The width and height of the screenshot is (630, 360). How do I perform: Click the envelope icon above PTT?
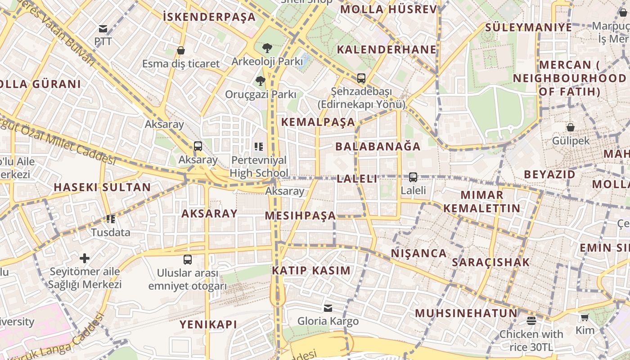tap(103, 29)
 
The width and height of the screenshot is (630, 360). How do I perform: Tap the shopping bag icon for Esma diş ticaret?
tap(181, 50)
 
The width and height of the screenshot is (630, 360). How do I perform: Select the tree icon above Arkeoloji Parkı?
tap(267, 48)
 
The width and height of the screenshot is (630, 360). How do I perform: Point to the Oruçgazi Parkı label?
tap(261, 94)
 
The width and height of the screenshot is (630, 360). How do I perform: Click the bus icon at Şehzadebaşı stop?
tap(361, 78)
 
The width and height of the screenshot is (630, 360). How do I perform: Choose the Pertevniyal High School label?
tap(259, 166)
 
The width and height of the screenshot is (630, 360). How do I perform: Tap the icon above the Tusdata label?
tap(111, 219)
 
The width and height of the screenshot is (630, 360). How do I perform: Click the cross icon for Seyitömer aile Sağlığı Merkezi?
tap(85, 258)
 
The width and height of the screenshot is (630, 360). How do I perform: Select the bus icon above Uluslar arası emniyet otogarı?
tap(188, 260)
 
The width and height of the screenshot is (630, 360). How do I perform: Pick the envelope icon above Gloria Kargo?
tap(328, 308)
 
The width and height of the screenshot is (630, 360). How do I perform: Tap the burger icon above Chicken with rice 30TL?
tap(531, 321)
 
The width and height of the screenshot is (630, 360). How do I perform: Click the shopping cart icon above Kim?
tap(585, 318)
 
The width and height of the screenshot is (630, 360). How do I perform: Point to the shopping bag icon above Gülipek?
tap(571, 127)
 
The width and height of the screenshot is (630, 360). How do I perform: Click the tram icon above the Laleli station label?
tap(413, 177)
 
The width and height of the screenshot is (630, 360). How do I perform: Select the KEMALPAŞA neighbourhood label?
tap(318, 122)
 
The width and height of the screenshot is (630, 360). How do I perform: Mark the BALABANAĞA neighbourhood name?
tap(378, 146)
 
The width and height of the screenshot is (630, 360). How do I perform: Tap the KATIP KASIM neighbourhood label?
tap(311, 270)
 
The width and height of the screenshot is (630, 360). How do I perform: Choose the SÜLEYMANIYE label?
tap(528, 27)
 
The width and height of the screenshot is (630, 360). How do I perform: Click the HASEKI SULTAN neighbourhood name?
tap(103, 187)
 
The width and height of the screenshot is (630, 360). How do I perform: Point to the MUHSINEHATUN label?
tap(466, 313)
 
